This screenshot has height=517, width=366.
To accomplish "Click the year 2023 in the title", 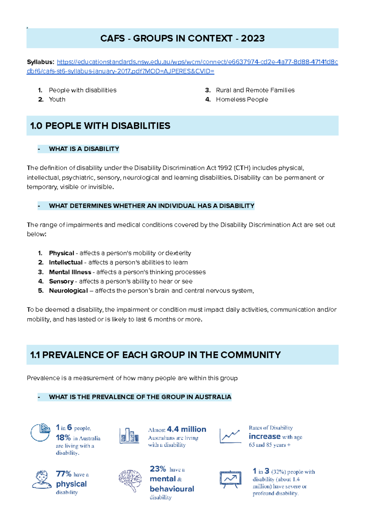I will [x=253, y=38].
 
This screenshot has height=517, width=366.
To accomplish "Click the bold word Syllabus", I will [x=40, y=62].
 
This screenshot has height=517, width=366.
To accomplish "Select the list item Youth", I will [x=57, y=100].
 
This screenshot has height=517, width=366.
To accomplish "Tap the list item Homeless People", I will [x=242, y=100].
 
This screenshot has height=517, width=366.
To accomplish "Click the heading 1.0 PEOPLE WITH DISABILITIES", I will [x=100, y=126].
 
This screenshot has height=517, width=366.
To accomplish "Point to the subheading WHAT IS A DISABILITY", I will [x=84, y=149].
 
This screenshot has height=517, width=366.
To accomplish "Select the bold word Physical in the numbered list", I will [x=61, y=253].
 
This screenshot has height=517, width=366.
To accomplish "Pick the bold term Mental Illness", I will [x=70, y=272].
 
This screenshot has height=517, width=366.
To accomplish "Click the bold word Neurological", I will [x=68, y=291].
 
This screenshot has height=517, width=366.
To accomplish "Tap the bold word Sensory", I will [x=61, y=282].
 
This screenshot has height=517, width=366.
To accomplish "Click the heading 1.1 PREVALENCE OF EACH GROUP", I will [x=155, y=355].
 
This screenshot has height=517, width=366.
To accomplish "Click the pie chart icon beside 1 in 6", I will [x=41, y=432].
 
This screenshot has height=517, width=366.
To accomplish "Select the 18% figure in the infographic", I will [x=63, y=438].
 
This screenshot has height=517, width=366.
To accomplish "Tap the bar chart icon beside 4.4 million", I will [x=129, y=435].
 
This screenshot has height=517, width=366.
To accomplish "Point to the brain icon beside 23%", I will [x=130, y=480].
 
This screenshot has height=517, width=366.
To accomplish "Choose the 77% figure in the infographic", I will [x=63, y=474].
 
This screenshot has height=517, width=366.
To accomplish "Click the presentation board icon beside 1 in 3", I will [x=230, y=479].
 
